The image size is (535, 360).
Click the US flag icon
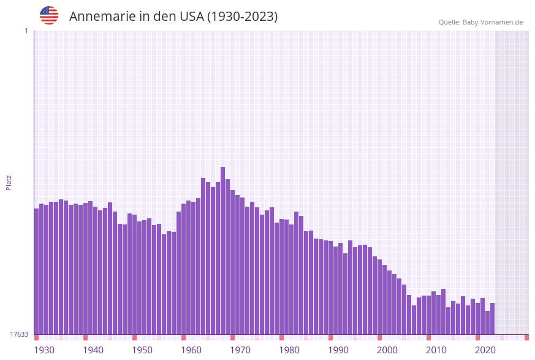(x=49, y=15)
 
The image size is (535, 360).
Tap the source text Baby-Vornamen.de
(x=480, y=22)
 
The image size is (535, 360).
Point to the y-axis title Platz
(x=9, y=182)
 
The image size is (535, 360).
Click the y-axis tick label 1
(x=26, y=31)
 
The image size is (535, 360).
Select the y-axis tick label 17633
(x=19, y=334)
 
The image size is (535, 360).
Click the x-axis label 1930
(x=44, y=350)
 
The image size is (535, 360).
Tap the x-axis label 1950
(x=142, y=350)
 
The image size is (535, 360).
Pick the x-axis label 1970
(x=240, y=350)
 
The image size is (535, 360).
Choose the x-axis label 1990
(x=338, y=350)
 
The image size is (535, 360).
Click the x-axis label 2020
(x=485, y=350)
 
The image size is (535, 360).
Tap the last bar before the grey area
(x=492, y=318)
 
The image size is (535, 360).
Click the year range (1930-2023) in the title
(x=243, y=17)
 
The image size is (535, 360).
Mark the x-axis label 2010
(x=436, y=350)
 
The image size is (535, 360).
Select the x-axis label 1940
(x=93, y=350)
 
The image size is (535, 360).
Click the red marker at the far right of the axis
(x=526, y=337)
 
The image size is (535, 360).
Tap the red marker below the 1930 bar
(x=37, y=337)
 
